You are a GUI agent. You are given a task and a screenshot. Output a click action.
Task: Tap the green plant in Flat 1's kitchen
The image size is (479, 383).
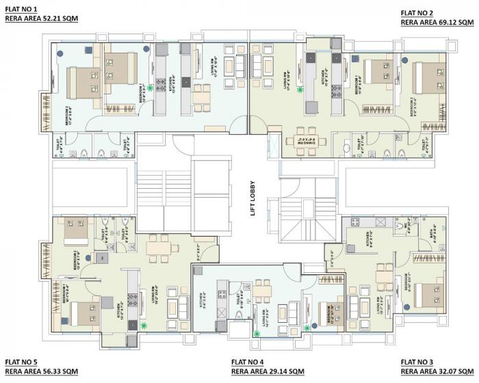tap(150, 88)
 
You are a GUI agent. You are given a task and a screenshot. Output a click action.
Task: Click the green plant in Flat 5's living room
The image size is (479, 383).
tap(144, 327)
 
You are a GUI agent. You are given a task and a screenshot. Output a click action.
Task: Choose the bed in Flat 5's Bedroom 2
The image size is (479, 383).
tap(75, 230)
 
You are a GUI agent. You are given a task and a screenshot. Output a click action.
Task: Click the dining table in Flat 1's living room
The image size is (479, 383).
tap(200, 96)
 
